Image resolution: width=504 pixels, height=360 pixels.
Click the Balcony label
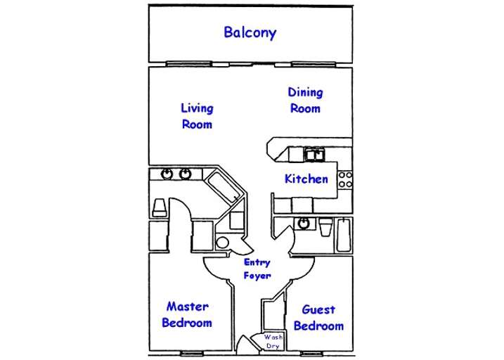tap(250, 32)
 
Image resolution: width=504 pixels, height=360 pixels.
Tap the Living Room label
tap(197, 116)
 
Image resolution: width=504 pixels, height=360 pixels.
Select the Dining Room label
tap(305, 100)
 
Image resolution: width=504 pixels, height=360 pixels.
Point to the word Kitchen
tap(306, 179)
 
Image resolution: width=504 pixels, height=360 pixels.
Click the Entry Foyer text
tap(257, 269)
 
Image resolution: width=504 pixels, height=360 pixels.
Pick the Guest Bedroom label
tap(318, 317)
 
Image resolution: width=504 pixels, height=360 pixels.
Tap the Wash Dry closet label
tap(273, 342)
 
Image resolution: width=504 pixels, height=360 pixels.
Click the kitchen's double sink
tap(314, 154)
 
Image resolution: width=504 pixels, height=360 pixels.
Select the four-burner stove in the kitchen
tap(345, 179)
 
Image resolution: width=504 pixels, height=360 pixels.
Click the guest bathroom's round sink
tap(303, 224)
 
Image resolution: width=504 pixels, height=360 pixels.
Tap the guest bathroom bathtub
tap(344, 236)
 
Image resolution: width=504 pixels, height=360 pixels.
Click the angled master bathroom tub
tap(226, 189)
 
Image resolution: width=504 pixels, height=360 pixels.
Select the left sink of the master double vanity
tap(167, 174)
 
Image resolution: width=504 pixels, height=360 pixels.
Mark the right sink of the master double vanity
tap(186, 174)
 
